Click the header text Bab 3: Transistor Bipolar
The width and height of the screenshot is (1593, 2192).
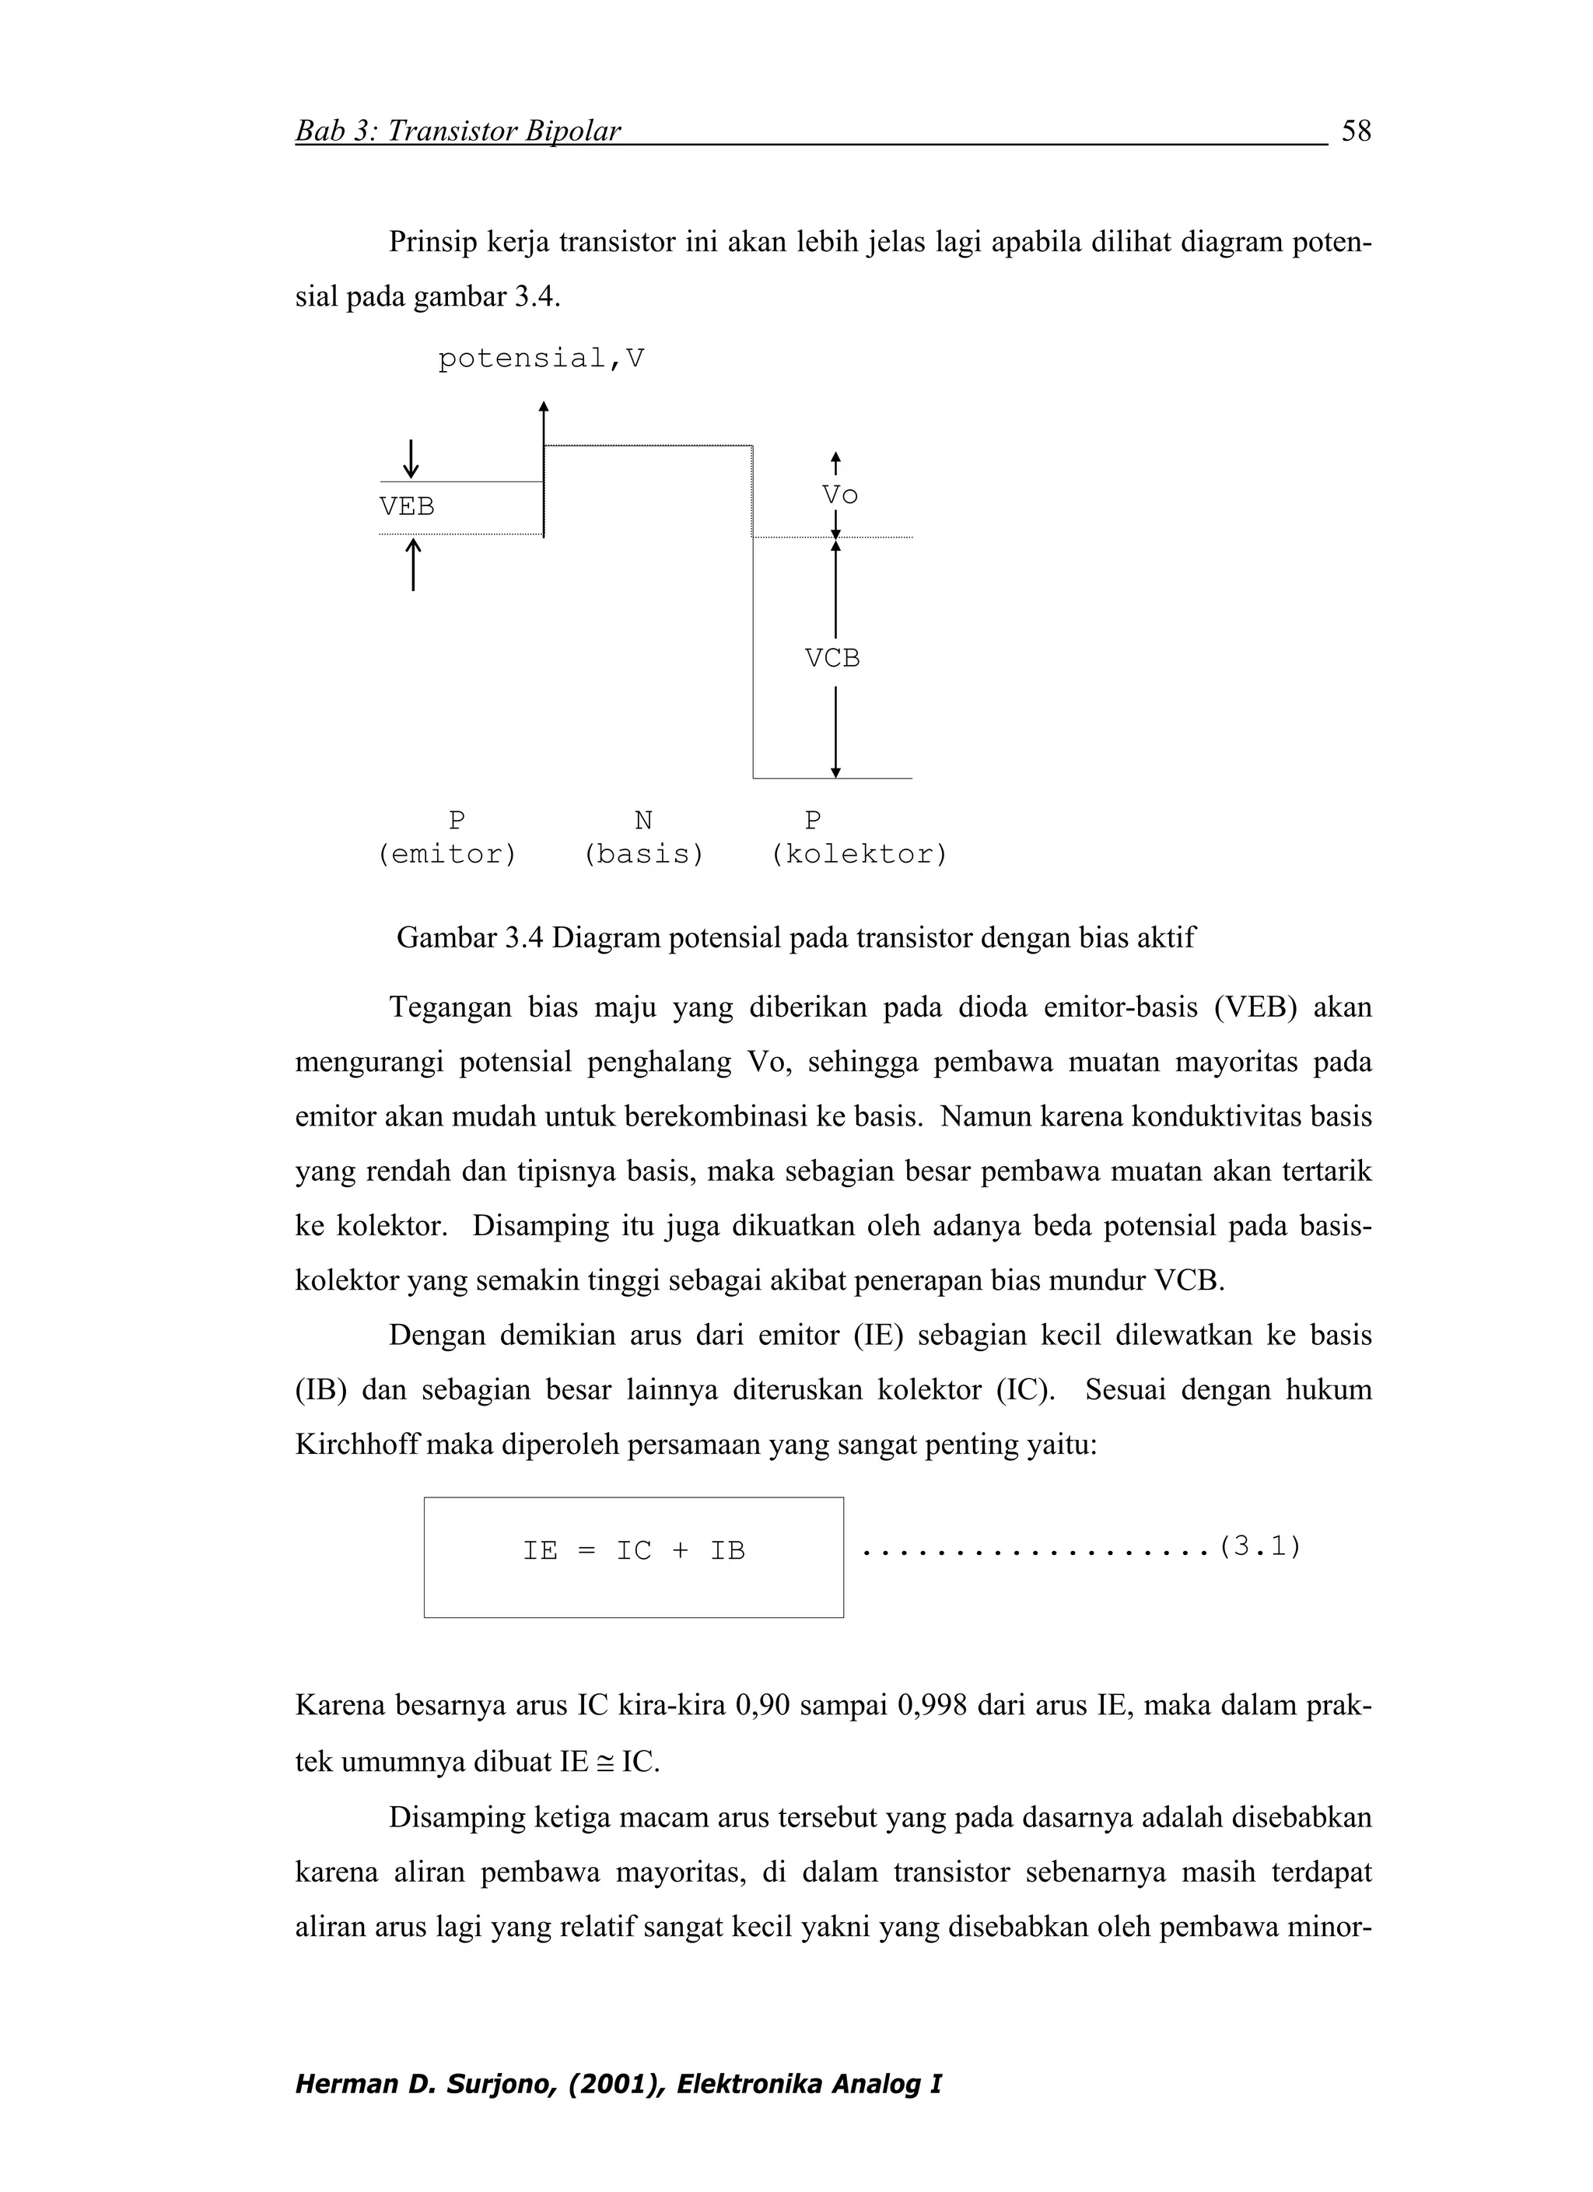[x=457, y=131]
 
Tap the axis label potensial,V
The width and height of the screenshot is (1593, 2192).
[x=541, y=359]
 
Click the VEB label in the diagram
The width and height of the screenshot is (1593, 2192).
[x=407, y=506]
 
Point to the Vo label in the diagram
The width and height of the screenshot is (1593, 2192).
[x=839, y=495]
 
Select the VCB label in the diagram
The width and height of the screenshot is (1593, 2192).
[x=832, y=658]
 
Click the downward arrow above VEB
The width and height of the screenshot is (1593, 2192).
[x=411, y=458]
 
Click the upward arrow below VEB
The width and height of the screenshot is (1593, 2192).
[x=413, y=565]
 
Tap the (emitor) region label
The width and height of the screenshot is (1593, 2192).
[x=446, y=854]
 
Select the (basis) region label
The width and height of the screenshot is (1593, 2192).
[x=644, y=854]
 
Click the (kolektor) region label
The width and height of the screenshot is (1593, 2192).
[x=859, y=854]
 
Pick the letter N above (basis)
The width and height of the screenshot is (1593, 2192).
[x=642, y=821]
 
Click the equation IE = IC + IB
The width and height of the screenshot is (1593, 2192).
[x=633, y=1550]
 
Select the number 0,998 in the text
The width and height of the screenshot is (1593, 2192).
[x=932, y=1705]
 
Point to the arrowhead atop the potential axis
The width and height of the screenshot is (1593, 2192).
[x=544, y=407]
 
